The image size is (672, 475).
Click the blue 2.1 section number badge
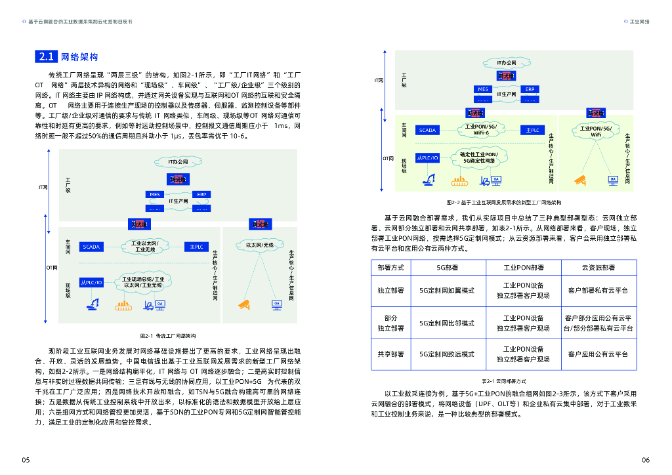(46, 57)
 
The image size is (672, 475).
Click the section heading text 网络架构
(79, 57)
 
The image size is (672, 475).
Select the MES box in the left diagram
(155, 195)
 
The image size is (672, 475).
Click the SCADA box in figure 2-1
(91, 247)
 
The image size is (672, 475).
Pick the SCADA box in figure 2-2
(427, 130)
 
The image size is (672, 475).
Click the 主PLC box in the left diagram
(196, 247)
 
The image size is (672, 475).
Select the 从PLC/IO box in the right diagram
(427, 158)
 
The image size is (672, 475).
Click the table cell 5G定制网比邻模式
(447, 323)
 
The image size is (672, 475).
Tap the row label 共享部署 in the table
(390, 354)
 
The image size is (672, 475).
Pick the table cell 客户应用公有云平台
(598, 354)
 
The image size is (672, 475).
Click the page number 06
(645, 459)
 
